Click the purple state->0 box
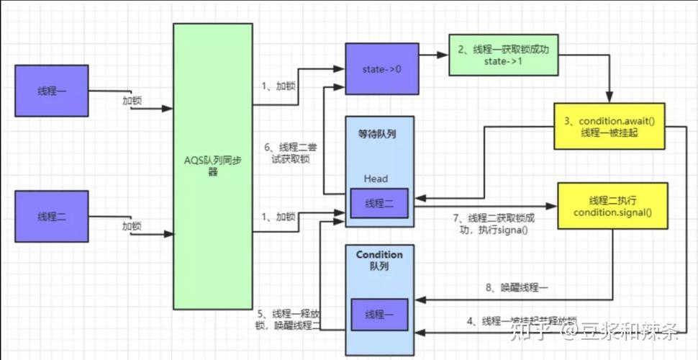(381, 68)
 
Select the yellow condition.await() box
(609, 127)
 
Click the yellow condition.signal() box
(612, 205)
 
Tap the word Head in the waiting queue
(375, 179)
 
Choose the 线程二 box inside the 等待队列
(379, 203)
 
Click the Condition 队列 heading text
(379, 261)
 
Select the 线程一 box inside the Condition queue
(379, 315)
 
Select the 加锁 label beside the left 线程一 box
(132, 100)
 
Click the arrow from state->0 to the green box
(433, 54)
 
